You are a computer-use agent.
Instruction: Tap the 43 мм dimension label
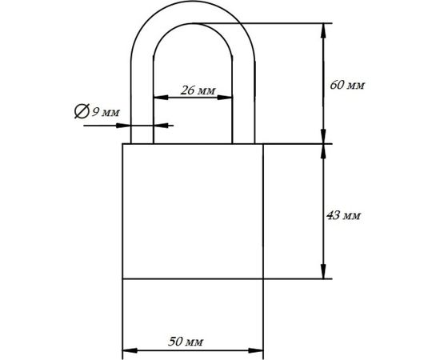coord(346,216)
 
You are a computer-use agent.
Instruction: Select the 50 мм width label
coord(186,342)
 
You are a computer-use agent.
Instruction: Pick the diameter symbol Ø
coord(82,112)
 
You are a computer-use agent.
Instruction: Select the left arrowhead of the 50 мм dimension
coord(127,350)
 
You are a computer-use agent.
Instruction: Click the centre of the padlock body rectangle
coord(192,211)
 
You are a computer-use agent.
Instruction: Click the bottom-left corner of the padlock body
coord(122,279)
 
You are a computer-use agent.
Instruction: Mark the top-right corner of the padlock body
coord(263,144)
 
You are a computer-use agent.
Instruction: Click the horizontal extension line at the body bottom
coord(296,279)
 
